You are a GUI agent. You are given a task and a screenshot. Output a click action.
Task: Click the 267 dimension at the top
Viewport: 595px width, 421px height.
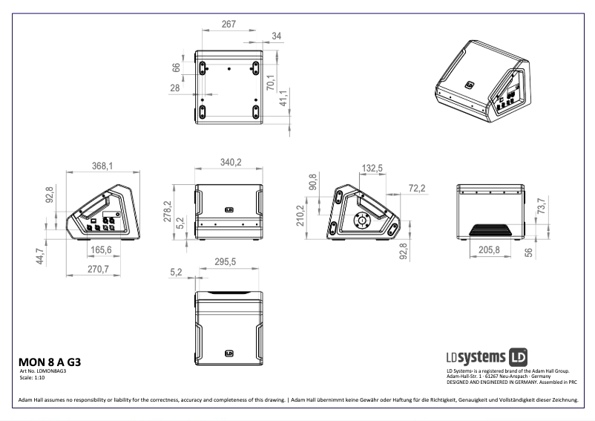tap(229, 25)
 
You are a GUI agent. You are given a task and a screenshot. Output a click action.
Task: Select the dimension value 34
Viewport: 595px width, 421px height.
tap(277, 36)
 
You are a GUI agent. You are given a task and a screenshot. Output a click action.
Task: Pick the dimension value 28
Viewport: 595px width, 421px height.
tap(175, 88)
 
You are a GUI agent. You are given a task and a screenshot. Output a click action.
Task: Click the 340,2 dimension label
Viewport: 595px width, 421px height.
tap(227, 163)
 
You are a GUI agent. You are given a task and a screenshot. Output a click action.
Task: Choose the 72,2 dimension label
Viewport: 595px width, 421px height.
tap(417, 189)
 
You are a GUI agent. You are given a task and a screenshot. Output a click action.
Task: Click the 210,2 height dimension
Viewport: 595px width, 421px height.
tap(300, 216)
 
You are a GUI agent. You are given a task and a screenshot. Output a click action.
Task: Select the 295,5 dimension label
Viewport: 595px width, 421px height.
tap(224, 262)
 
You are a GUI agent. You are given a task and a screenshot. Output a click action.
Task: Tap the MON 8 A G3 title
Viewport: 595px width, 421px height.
tap(49, 362)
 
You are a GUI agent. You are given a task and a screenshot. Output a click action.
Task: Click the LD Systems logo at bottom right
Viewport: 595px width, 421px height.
tap(486, 356)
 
